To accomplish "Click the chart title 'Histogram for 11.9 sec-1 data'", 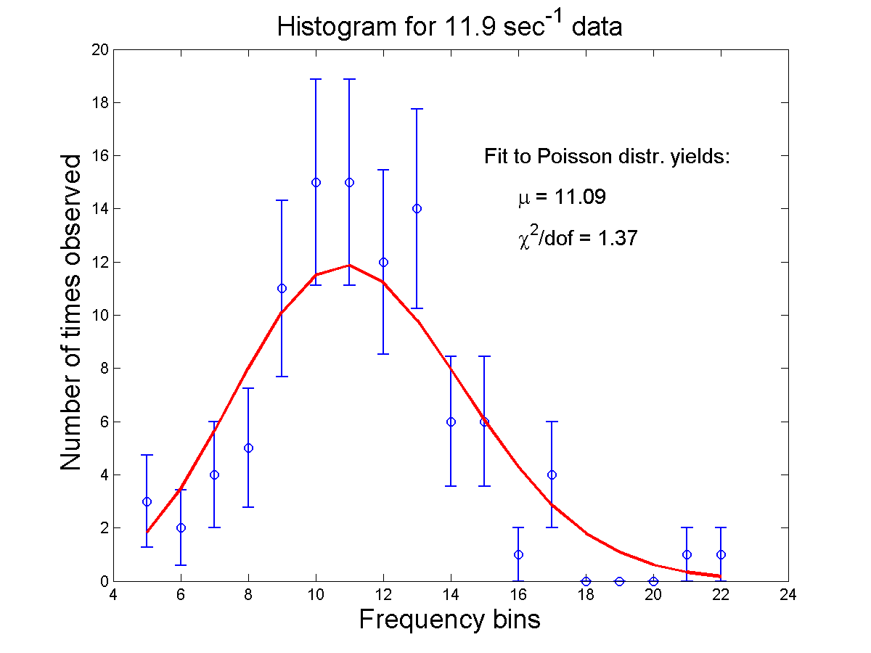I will tap(450, 28).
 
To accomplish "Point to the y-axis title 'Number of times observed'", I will tap(71, 312).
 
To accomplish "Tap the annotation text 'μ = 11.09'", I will tap(562, 197).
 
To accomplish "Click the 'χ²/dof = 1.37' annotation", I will tap(578, 237).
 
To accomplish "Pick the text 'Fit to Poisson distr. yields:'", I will tap(606, 157).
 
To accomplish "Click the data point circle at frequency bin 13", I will tap(417, 209).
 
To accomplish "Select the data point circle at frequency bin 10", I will tap(316, 182).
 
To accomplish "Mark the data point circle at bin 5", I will tap(147, 501).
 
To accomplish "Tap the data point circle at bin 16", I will tap(518, 554).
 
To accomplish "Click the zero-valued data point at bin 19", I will tap(619, 581).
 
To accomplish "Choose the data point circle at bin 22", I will tap(721, 554).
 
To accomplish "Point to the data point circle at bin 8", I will tap(248, 448).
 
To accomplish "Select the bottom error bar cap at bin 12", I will tap(383, 354).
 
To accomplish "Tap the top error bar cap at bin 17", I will tap(552, 422).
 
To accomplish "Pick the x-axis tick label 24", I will tap(788, 596).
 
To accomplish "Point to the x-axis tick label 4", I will tap(113, 596).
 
